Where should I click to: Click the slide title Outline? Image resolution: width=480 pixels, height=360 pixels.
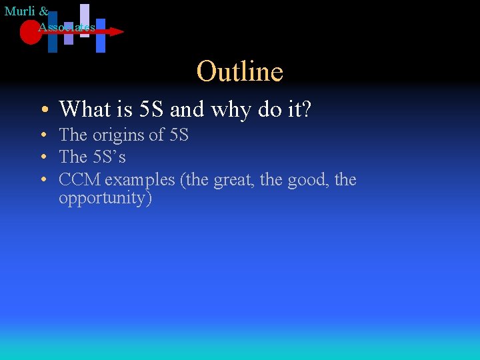240,71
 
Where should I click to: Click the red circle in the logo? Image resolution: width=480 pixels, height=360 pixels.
30,32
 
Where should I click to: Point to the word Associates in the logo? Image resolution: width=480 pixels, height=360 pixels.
67,27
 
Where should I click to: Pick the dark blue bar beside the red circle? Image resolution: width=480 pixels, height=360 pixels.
53,33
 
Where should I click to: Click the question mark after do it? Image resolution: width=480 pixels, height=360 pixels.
306,109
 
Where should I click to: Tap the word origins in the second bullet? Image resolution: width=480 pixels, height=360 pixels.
118,135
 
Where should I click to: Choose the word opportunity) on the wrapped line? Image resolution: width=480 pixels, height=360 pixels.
105,198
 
